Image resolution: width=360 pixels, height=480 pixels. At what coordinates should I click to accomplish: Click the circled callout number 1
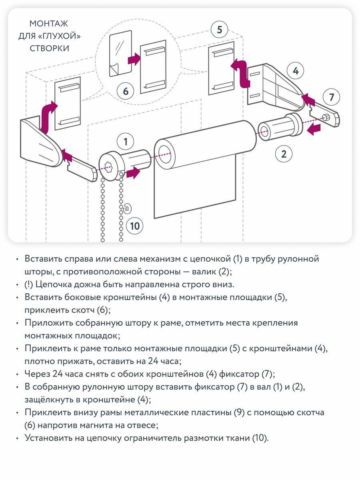[126, 141]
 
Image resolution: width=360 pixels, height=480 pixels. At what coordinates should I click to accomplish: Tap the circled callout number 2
[284, 154]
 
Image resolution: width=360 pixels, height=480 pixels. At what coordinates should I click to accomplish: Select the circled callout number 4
[296, 71]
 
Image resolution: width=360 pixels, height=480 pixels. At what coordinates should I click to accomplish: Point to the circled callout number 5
[219, 30]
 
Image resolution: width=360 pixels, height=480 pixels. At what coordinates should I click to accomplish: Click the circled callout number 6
[126, 91]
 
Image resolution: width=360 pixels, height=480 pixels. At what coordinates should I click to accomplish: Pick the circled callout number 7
[331, 97]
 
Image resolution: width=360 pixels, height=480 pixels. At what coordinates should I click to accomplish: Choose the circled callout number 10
[135, 226]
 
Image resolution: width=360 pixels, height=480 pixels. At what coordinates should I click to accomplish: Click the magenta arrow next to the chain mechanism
[133, 173]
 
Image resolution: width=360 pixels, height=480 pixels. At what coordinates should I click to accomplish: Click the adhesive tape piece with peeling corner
[120, 53]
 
